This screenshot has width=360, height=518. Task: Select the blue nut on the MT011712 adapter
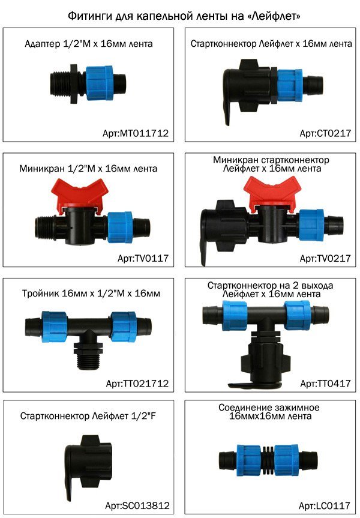pyautogui.click(x=100, y=83)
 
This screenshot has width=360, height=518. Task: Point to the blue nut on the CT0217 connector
pyautogui.click(x=290, y=85)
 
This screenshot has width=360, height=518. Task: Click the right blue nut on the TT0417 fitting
pyautogui.click(x=298, y=315)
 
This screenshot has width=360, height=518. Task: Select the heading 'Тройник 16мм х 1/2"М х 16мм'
pyautogui.click(x=91, y=294)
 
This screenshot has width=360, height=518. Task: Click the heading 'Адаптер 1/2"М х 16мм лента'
pyautogui.click(x=89, y=44)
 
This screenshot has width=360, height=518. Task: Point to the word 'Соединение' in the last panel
pyautogui.click(x=244, y=408)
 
